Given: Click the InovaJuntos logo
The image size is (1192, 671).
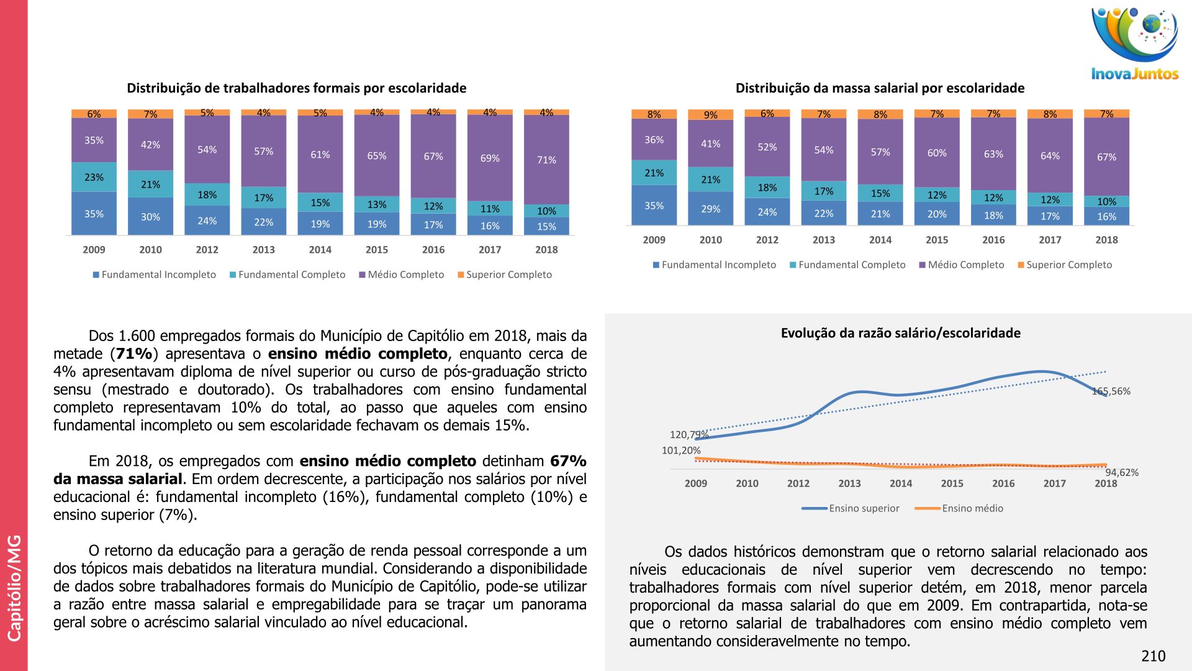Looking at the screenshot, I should click(1135, 44).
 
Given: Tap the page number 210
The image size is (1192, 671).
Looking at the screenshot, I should click(1153, 656).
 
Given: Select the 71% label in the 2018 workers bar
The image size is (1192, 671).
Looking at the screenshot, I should click(546, 160).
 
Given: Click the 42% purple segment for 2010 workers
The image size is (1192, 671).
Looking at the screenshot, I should click(150, 145).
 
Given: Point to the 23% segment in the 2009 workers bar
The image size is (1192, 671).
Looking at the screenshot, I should click(94, 177).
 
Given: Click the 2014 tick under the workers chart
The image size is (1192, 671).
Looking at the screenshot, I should click(320, 250).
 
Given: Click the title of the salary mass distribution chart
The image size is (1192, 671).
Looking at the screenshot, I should click(880, 88).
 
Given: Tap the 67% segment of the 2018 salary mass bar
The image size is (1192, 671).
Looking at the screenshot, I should click(1106, 157).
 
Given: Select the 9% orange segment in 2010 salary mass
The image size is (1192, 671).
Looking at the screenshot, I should click(710, 115).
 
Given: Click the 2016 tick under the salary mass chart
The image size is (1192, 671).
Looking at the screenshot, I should click(993, 240).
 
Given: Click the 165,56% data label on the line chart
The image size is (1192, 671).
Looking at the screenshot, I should click(1111, 391).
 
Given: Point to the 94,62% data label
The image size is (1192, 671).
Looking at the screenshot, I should click(1122, 472).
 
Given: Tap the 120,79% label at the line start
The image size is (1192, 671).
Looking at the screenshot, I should click(689, 434).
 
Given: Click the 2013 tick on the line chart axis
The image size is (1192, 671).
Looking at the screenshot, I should click(849, 483).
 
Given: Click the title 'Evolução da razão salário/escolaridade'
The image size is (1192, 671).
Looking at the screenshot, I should click(900, 333).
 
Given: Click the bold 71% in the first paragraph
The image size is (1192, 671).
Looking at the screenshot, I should click(134, 354).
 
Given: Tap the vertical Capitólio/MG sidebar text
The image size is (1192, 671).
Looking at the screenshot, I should click(14, 587).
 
